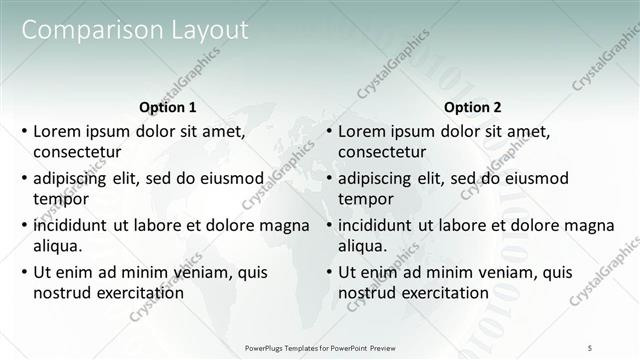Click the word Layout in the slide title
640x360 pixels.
pyautogui.click(x=204, y=30)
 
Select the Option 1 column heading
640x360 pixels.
pyautogui.click(x=166, y=107)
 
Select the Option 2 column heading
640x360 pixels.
pyautogui.click(x=472, y=107)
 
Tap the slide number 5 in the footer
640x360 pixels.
pyautogui.click(x=590, y=347)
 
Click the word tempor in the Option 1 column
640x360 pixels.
pyautogui.click(x=60, y=199)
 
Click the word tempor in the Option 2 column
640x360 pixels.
pyautogui.click(x=365, y=199)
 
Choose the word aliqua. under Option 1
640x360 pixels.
pyautogui.click(x=57, y=246)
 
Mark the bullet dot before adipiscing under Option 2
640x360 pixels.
pyautogui.click(x=328, y=178)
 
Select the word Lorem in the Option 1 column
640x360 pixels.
pyautogui.click(x=55, y=131)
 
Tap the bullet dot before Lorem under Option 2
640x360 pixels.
pyautogui.click(x=328, y=131)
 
